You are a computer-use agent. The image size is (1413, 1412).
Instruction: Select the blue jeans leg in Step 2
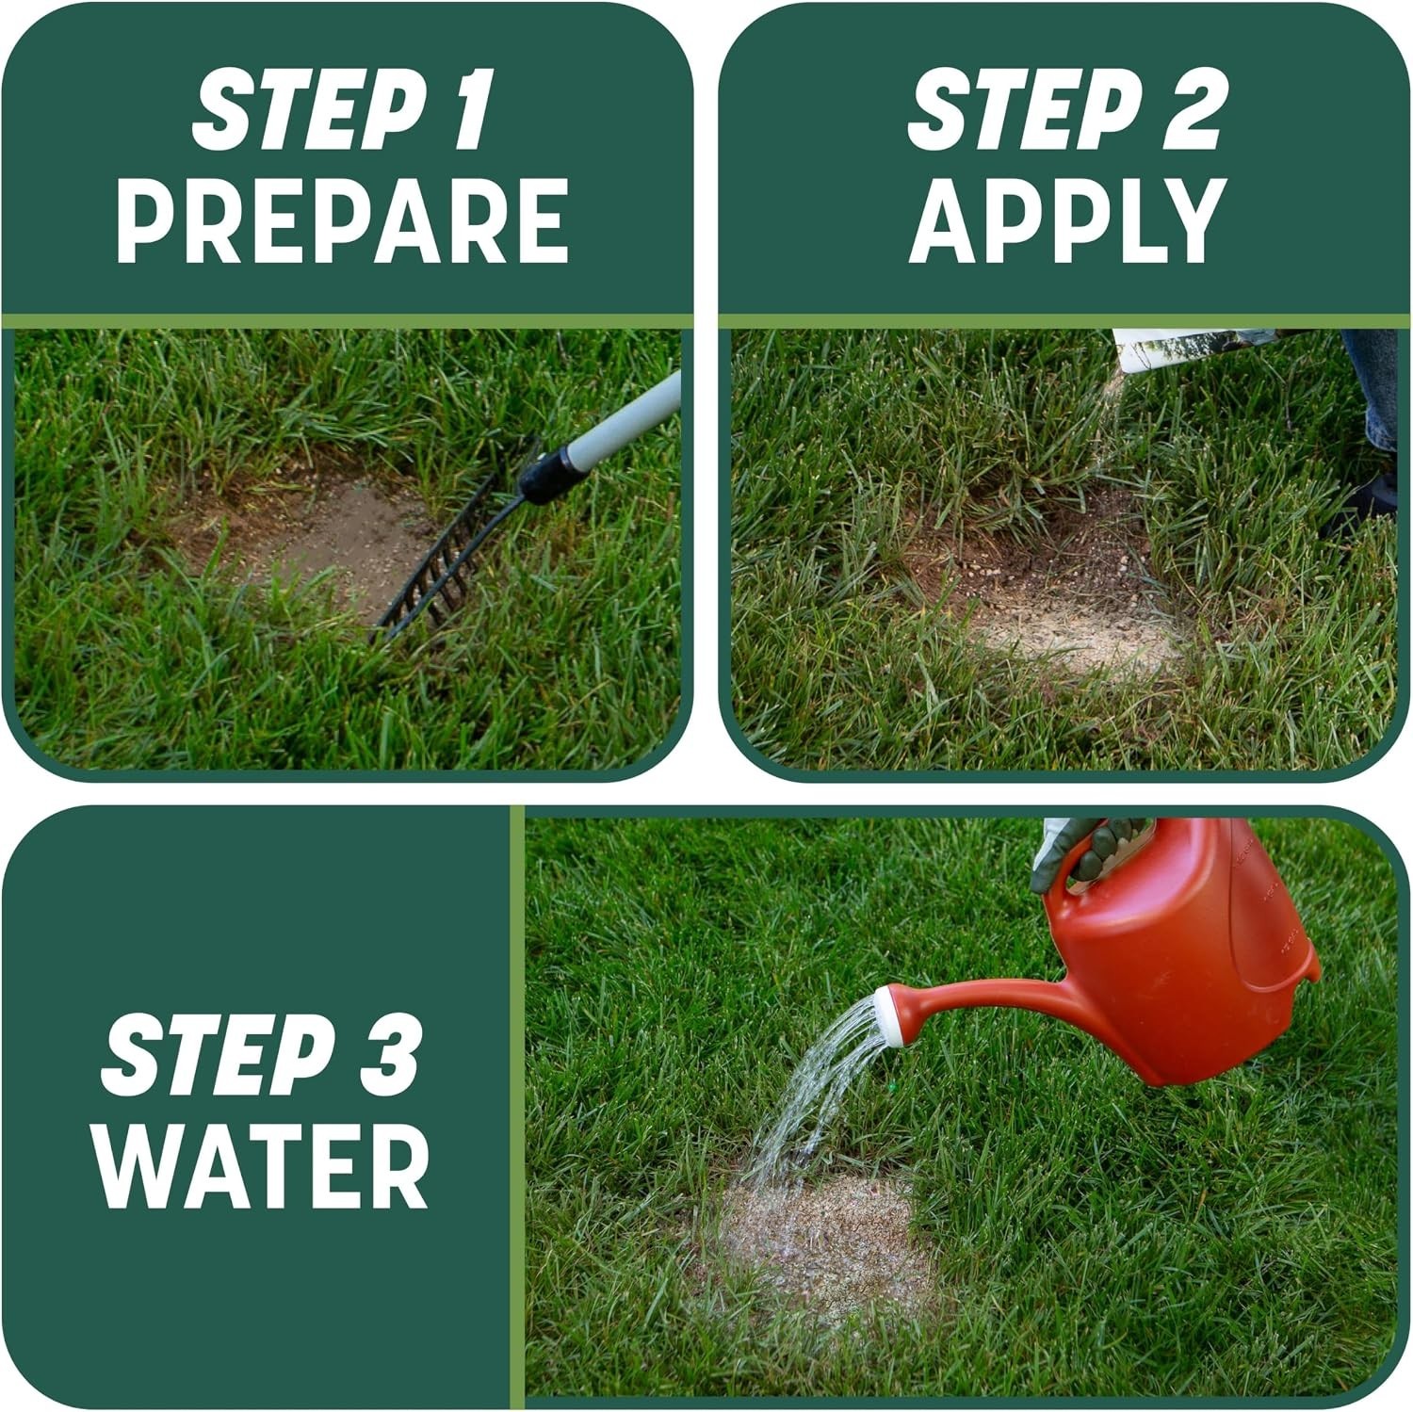click(1371, 386)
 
